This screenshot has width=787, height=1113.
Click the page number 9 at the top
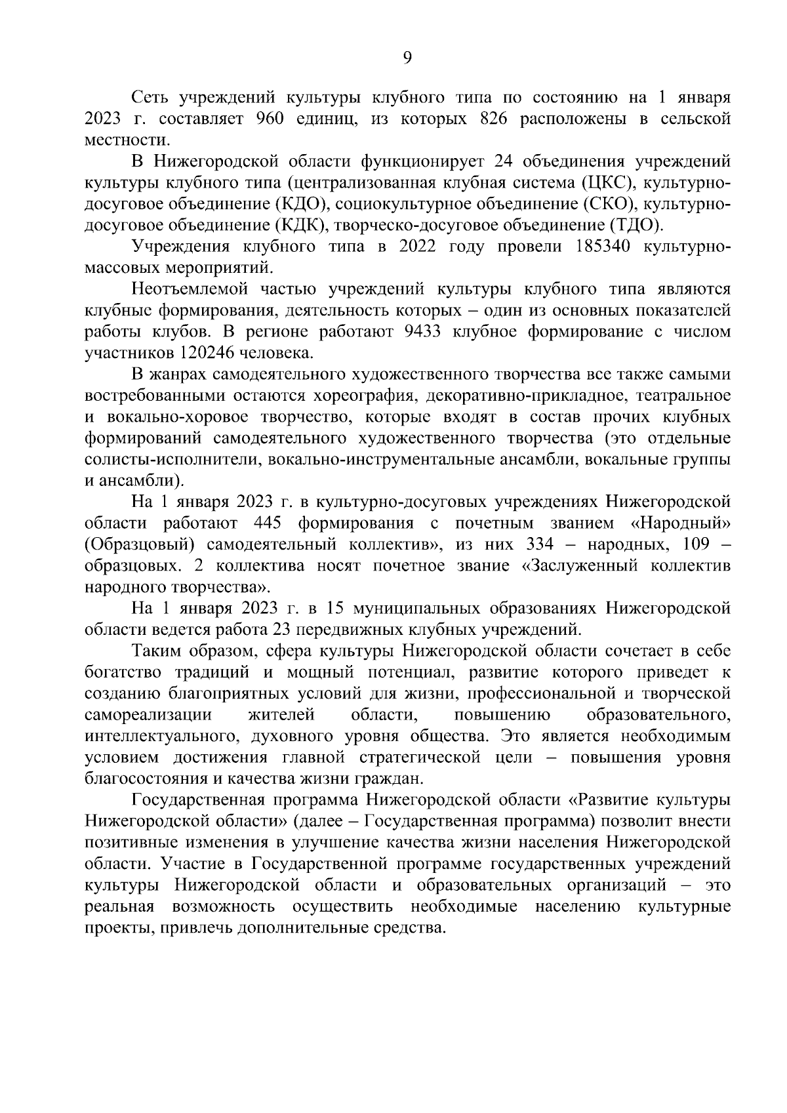pos(407,58)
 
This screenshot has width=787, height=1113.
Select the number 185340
pos(605,247)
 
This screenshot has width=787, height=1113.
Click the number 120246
pos(209,353)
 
